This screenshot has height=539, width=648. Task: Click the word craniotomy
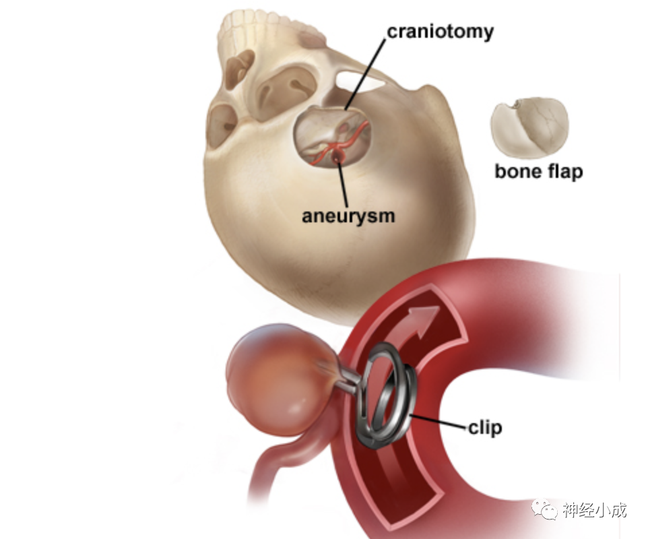click(x=439, y=31)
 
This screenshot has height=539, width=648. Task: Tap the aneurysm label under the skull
click(x=348, y=216)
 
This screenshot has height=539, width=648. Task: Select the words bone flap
click(x=538, y=171)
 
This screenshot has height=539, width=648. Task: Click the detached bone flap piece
click(x=529, y=128)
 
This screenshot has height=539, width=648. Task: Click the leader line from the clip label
click(x=441, y=423)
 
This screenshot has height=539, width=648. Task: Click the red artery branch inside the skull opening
click(x=354, y=138)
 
